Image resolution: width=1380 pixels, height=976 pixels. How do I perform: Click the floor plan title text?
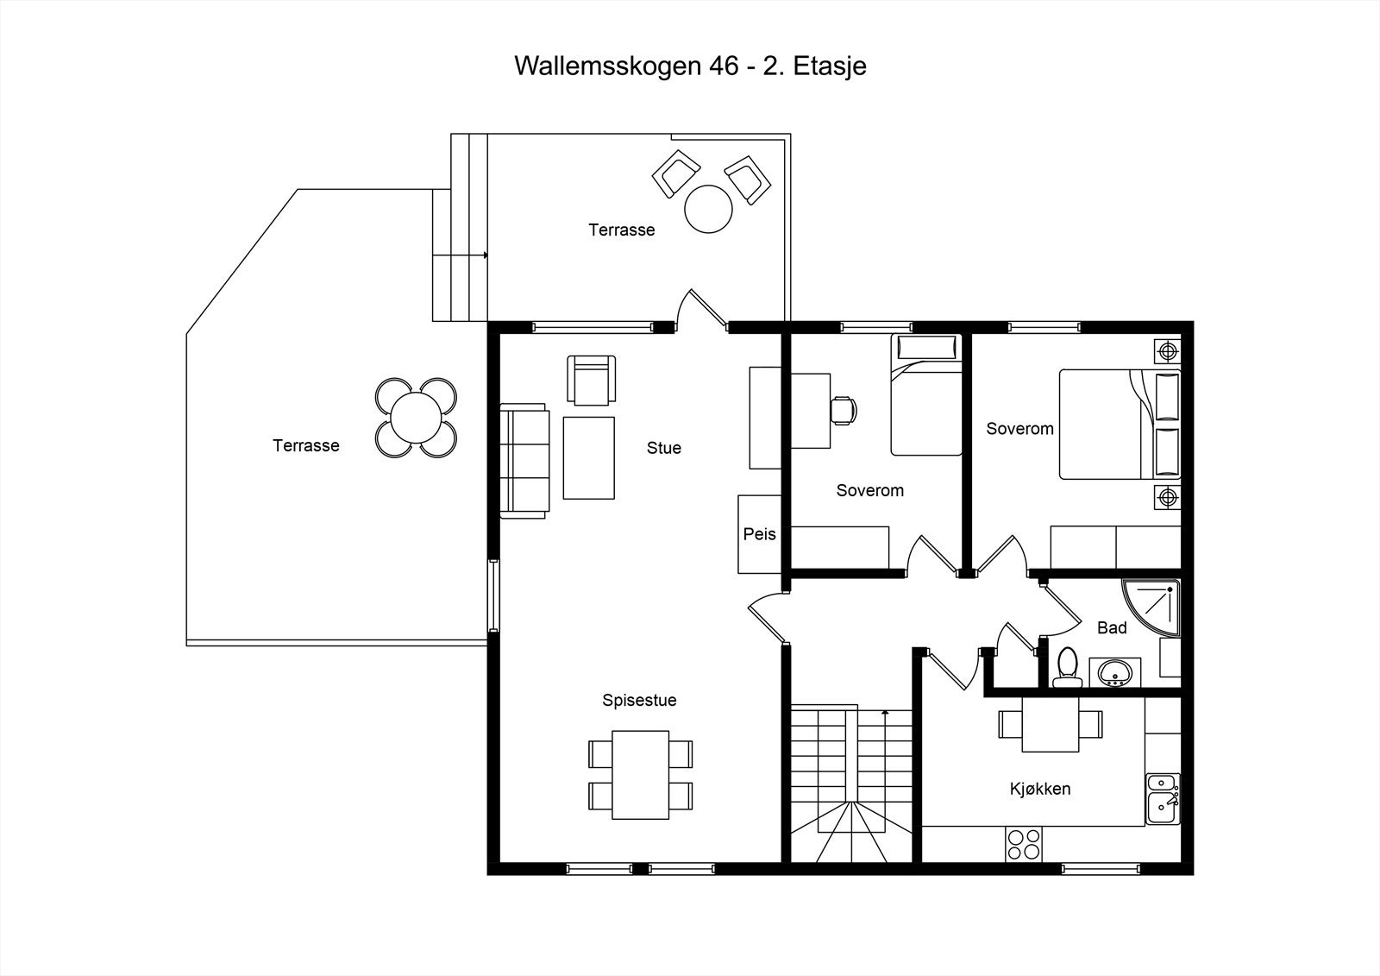point(690,66)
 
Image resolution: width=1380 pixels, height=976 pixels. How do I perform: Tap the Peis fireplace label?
point(759,534)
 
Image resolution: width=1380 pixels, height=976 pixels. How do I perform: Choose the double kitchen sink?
point(1162,799)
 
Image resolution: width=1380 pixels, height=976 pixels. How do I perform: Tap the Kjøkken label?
point(1040,789)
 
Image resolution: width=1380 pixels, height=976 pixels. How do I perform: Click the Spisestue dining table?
point(641,774)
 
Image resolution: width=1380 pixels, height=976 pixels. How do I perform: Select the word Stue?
point(663,448)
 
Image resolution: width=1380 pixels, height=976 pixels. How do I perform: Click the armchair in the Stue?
point(592,380)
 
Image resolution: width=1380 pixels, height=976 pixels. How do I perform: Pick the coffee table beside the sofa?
point(589,457)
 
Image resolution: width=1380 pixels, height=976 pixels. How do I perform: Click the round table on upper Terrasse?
point(708,209)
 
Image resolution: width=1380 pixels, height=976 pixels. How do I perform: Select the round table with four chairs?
point(415,418)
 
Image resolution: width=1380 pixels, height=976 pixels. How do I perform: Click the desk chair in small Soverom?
point(844,409)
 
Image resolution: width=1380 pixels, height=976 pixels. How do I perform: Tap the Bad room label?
point(1112,628)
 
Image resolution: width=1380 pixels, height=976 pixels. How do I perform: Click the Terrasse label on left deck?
point(306,446)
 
